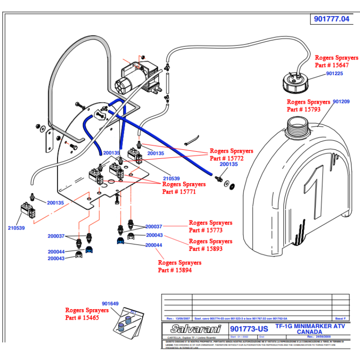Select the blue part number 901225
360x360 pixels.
point(335,73)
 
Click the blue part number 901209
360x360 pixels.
point(341,102)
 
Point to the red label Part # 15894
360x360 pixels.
point(175,270)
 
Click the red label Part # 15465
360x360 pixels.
point(82,318)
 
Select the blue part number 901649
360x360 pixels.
point(110,304)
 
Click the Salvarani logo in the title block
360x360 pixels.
point(195,329)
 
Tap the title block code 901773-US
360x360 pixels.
point(249,329)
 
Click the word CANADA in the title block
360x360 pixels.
point(309,332)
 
